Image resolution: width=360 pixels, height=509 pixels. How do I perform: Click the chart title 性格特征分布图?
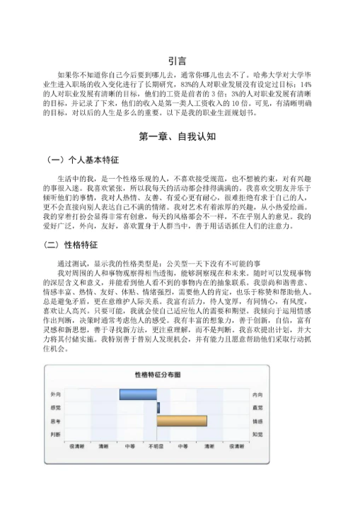(x=157, y=374)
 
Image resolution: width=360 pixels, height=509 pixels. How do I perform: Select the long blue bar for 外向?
(x=138, y=394)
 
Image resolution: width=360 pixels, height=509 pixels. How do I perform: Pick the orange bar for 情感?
(x=182, y=421)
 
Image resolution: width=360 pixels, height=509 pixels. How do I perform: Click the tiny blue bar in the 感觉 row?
(x=158, y=408)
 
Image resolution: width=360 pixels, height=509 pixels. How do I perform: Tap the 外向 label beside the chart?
(x=55, y=394)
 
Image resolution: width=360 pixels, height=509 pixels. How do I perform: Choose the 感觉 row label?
(x=55, y=408)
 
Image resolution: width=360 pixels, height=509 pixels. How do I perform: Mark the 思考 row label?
(x=55, y=421)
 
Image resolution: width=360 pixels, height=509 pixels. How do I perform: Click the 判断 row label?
(x=55, y=434)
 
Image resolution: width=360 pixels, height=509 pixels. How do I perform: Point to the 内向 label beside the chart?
(x=259, y=394)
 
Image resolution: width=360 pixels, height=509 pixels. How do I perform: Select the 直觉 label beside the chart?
(x=259, y=408)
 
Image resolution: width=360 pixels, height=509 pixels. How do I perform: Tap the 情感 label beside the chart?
(x=259, y=421)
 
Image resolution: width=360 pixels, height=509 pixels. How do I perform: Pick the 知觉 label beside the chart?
(x=259, y=434)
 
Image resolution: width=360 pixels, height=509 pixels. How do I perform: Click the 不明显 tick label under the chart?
(x=157, y=447)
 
